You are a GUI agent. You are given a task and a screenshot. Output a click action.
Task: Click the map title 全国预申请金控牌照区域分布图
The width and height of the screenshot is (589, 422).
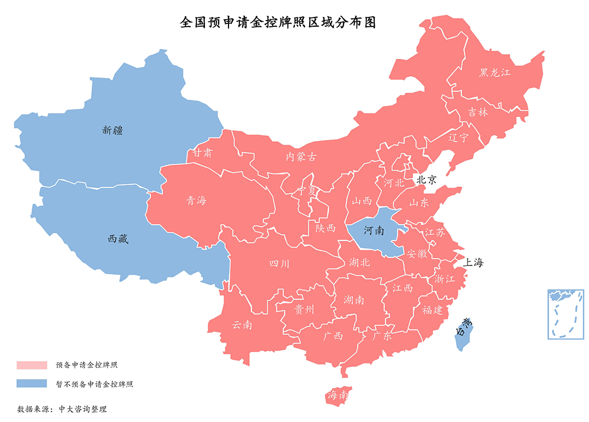click(278, 23)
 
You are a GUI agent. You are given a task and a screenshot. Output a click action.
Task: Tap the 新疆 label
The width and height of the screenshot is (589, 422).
click(112, 130)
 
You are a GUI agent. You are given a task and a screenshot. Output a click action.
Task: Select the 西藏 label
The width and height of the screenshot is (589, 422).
click(118, 239)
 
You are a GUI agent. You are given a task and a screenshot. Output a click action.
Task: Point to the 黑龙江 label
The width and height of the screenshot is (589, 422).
click(495, 73)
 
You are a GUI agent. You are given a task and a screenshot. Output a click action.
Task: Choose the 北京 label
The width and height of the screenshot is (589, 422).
click(426, 179)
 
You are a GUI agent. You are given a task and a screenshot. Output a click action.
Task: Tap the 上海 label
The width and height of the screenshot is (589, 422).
click(473, 262)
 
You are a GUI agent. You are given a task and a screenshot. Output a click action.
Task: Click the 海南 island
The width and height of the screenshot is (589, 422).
click(338, 396)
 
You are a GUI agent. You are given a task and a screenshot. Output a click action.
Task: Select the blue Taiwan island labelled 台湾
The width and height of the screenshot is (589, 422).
click(464, 333)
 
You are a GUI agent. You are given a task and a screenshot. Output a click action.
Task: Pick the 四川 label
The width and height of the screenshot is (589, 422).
click(279, 264)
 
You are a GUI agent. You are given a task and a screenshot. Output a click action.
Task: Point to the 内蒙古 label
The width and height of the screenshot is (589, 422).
click(300, 157)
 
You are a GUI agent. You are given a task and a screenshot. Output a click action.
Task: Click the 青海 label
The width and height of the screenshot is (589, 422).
click(196, 201)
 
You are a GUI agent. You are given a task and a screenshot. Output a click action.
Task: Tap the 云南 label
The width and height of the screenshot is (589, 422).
click(242, 325)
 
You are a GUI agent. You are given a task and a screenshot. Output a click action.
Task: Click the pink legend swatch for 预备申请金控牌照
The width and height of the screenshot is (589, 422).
click(32, 365)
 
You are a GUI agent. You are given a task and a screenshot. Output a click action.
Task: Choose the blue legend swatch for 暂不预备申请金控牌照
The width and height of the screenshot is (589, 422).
click(32, 384)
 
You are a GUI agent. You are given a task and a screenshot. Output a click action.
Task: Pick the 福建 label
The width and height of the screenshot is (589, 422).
click(432, 310)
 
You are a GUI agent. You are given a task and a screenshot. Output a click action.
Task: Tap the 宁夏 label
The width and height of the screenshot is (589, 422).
click(306, 191)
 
